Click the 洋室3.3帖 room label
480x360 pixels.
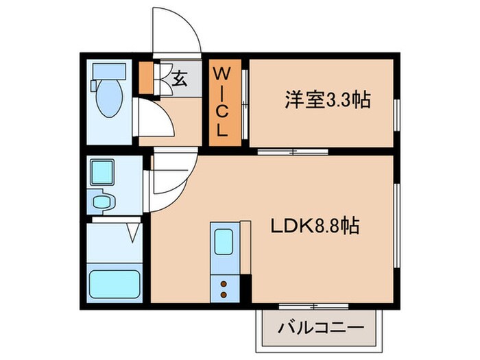pos(328,100)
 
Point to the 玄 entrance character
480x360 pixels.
pos(179,78)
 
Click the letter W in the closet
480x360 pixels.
pos(224,73)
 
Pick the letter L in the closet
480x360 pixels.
pos(224,128)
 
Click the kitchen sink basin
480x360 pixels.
pos(224,241)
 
